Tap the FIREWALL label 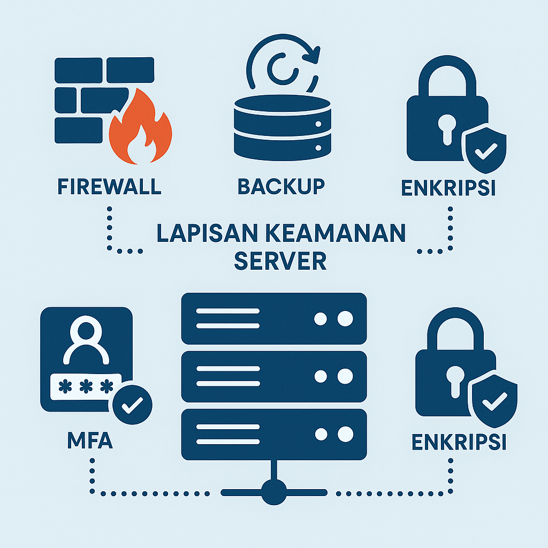coord(109,187)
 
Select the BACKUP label coord(281,187)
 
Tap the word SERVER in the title coord(281,261)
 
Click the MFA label coord(90,443)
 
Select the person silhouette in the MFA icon coord(86,342)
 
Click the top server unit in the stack coord(274,318)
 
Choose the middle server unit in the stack coord(274,376)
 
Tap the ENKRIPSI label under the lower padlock coord(460,443)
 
